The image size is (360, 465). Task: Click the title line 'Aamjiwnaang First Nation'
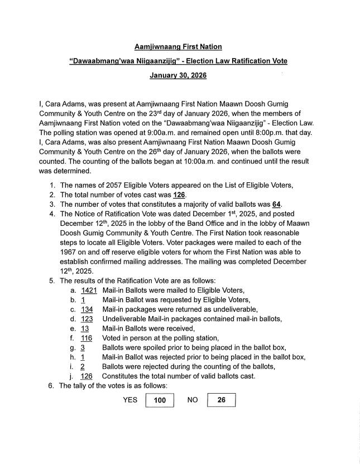click(178, 46)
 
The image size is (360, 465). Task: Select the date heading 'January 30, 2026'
click(178, 75)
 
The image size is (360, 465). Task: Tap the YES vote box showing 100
click(160, 400)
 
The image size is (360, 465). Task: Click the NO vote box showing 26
click(221, 400)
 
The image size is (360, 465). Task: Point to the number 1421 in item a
click(89, 291)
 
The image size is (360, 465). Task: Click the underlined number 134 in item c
click(87, 309)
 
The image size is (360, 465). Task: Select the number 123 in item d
click(87, 319)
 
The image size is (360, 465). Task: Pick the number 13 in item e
click(85, 328)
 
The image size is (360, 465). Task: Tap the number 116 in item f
click(86, 338)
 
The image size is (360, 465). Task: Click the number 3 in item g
click(83, 347)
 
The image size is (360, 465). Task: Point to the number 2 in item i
click(83, 366)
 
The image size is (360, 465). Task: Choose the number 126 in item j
click(87, 376)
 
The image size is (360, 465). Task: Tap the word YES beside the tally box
click(130, 400)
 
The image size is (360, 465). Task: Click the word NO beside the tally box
click(193, 400)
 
